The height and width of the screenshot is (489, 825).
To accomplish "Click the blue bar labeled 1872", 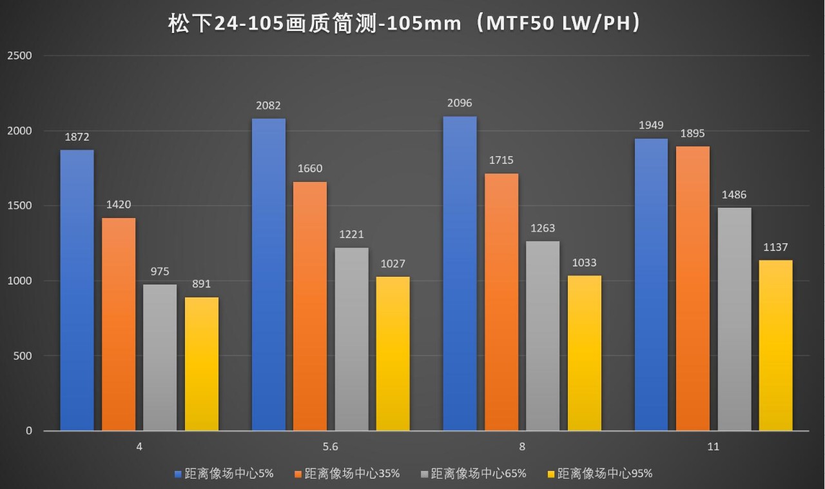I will pyautogui.click(x=77, y=290).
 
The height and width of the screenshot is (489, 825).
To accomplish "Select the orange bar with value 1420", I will pyautogui.click(x=119, y=324).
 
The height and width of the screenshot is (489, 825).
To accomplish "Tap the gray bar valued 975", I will pyautogui.click(x=160, y=357).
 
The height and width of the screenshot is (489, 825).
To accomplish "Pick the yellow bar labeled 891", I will pyautogui.click(x=202, y=364).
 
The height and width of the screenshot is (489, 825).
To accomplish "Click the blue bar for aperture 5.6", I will pyautogui.click(x=269, y=274).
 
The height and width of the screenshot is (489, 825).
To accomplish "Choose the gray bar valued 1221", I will pyautogui.click(x=352, y=339).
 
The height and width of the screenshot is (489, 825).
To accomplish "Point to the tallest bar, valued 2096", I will pyautogui.click(x=460, y=274).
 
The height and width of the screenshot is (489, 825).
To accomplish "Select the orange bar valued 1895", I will pyautogui.click(x=693, y=288).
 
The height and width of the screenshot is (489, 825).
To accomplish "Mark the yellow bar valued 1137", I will pyautogui.click(x=775, y=345).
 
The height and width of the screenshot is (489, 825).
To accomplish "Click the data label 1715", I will pyautogui.click(x=501, y=160).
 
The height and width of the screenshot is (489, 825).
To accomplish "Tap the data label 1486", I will pyautogui.click(x=734, y=195).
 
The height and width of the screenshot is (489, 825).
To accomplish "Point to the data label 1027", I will pyautogui.click(x=393, y=264).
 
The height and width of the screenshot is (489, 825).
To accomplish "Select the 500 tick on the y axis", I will pyautogui.click(x=22, y=355).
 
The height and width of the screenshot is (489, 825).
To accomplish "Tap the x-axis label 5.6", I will pyautogui.click(x=331, y=446).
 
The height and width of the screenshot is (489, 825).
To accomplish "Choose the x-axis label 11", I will pyautogui.click(x=713, y=446).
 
